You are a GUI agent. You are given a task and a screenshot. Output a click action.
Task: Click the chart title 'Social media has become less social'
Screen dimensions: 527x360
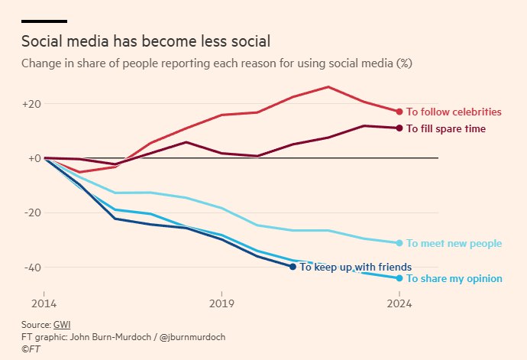pos(146,41)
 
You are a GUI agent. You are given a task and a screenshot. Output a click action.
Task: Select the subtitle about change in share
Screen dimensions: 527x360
pos(217,63)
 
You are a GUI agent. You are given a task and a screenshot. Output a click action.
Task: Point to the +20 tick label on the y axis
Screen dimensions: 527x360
pos(31,104)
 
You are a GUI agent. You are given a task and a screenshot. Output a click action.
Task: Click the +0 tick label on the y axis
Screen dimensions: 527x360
pos(34,158)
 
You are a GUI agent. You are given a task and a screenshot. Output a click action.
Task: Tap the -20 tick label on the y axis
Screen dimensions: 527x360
pos(33,212)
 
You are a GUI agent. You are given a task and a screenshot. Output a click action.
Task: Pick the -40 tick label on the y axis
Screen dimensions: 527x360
pos(33,268)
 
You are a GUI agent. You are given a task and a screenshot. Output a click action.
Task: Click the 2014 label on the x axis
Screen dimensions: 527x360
pos(44,303)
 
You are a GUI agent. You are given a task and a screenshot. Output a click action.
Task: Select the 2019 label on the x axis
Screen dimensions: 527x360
pos(221,303)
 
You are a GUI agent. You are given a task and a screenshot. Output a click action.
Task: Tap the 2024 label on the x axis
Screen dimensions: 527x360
pos(399,303)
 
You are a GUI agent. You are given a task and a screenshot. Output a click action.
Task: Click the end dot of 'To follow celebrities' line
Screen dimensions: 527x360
pos(399,112)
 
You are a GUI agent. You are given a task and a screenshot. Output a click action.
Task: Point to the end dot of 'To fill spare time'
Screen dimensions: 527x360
pos(399,128)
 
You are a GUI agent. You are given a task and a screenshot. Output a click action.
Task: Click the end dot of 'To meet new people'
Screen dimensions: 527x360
pos(399,243)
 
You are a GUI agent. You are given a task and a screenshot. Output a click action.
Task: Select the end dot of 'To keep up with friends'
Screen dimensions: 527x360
pos(293,267)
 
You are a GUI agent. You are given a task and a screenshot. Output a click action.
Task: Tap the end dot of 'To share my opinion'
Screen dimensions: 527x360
pos(399,278)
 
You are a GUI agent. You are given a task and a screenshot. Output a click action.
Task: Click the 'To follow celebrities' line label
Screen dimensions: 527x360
pos(454,112)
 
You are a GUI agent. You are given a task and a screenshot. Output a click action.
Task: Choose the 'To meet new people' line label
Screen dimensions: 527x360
pos(454,243)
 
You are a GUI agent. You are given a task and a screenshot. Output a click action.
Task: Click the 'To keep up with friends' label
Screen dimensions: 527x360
pos(356,268)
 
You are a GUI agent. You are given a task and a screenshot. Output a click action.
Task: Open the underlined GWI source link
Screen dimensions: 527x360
pos(62,325)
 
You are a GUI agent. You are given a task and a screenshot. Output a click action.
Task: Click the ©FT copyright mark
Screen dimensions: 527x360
pos(31,349)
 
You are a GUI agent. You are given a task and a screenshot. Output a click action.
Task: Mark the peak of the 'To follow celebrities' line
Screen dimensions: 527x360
pos(328,87)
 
